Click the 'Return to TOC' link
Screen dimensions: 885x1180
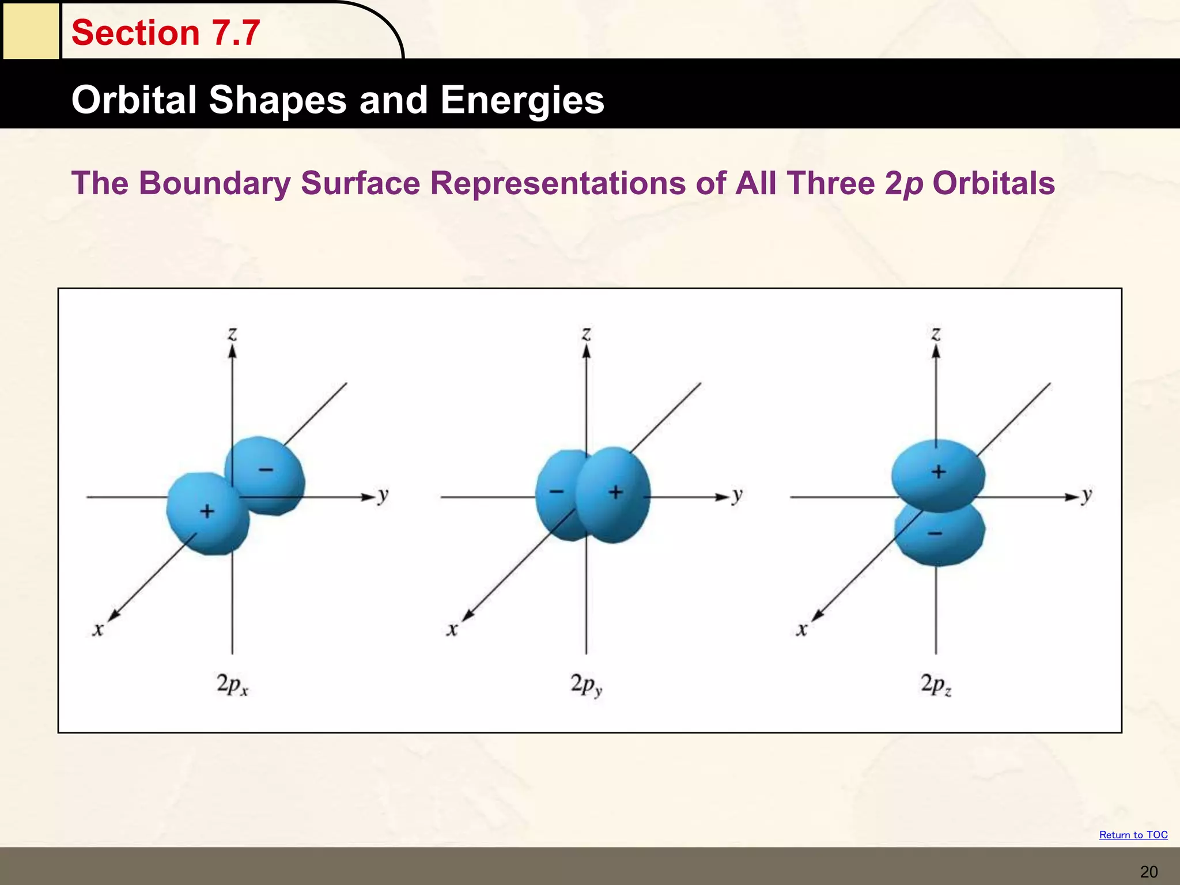1133,835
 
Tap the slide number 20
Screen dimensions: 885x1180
1149,872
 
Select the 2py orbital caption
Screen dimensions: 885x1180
587,684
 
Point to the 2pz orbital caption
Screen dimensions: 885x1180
936,684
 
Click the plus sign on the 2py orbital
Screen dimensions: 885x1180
616,492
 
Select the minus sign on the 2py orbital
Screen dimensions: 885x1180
557,491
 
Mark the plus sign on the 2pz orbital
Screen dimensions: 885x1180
939,472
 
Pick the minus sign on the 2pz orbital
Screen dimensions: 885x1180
935,534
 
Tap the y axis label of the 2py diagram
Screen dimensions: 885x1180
737,496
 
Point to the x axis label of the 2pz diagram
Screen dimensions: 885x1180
801,630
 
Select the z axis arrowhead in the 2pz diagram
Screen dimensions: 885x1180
936,351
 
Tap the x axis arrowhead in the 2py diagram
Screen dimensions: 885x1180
468,616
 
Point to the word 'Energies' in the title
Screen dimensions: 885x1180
522,100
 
